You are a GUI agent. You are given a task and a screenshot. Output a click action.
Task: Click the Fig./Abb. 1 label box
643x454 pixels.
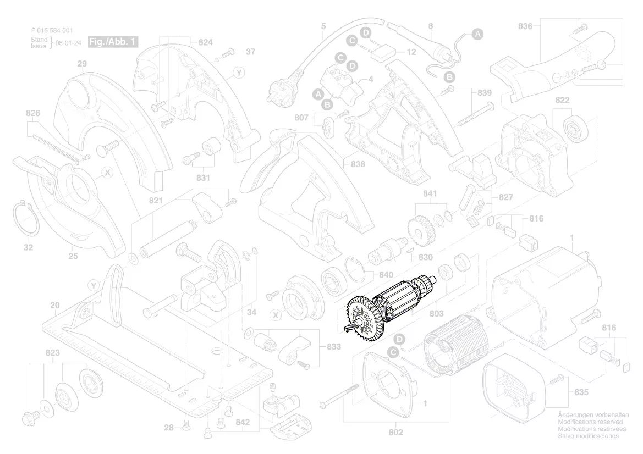(113, 42)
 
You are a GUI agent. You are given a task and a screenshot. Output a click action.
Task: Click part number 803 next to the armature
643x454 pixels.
(436, 314)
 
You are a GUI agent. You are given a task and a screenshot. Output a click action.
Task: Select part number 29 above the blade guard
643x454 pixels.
(81, 64)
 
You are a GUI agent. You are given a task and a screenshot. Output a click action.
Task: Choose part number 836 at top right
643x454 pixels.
(525, 25)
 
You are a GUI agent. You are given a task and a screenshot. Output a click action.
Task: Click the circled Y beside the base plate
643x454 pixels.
(94, 285)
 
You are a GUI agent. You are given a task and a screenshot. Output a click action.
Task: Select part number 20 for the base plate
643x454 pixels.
(54, 306)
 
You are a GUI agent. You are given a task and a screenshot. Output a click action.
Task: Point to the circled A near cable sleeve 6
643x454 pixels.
(478, 34)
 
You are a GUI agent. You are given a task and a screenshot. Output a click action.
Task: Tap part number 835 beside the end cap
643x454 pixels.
(581, 392)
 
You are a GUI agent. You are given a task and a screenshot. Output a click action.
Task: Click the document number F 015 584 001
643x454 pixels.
(51, 31)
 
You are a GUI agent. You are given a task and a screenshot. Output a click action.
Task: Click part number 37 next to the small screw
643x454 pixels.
(250, 52)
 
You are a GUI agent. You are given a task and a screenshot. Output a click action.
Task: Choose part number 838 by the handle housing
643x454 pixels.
(358, 164)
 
